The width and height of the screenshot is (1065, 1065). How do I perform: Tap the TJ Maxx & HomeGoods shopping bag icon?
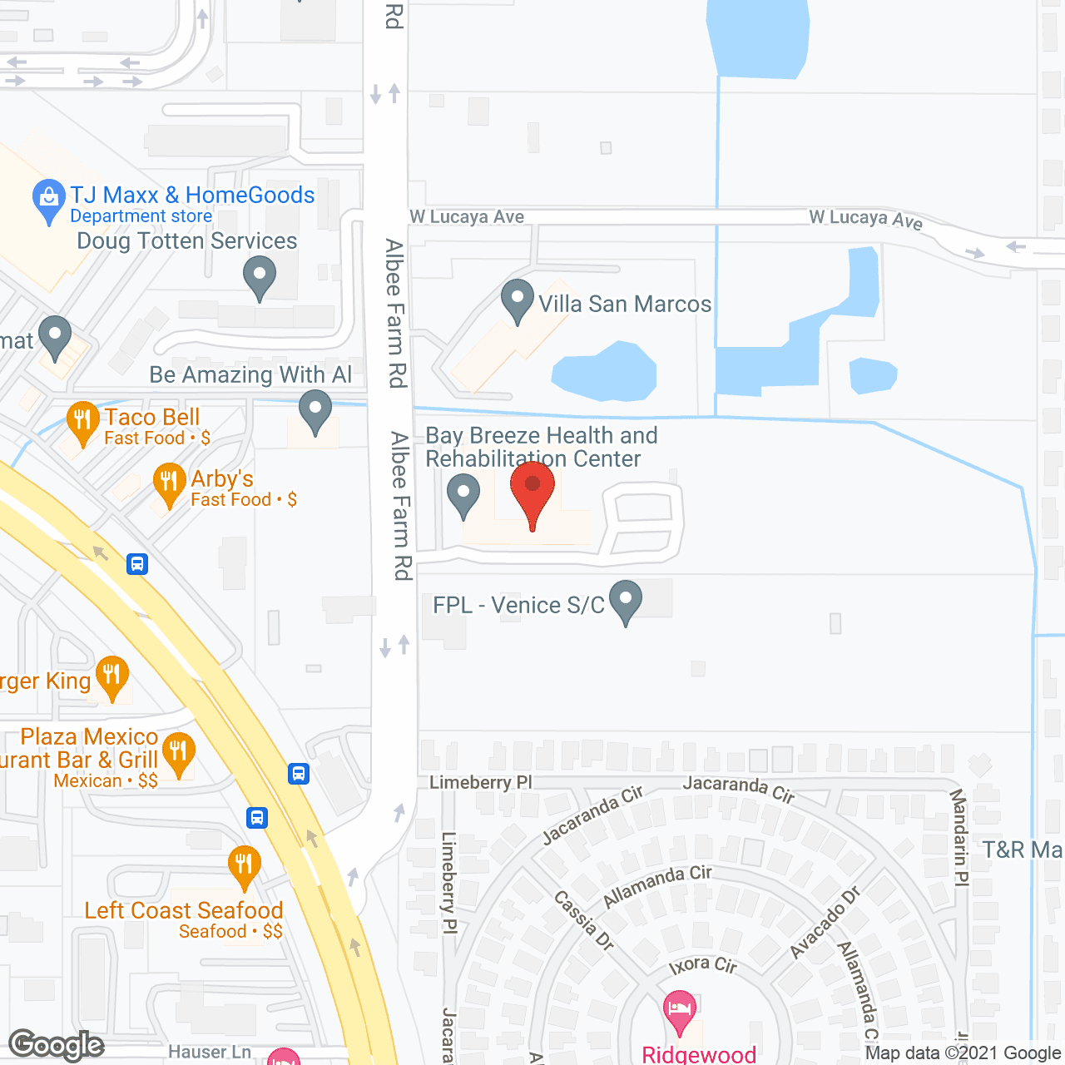coord(49,200)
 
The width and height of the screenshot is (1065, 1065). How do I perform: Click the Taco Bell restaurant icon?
coord(82,421)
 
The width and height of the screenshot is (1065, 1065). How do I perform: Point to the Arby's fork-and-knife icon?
coord(169,483)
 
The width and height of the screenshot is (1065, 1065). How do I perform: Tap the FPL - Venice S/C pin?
coord(626,600)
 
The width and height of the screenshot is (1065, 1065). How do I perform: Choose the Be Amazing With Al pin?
coord(315,411)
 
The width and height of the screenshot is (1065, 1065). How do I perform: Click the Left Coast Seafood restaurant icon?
coord(244,865)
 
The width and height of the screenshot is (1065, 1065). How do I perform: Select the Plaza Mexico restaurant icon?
coord(179,752)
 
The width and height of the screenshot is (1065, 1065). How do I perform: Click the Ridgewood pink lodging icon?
coord(681,1011)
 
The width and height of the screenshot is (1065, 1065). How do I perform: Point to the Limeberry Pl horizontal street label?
coord(480,782)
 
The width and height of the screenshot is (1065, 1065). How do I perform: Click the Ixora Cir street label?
coord(703,965)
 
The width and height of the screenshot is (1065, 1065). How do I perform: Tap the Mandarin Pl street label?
coord(958,837)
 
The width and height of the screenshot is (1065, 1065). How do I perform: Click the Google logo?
coord(57,1045)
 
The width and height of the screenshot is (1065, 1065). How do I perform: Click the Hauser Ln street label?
coord(210,1053)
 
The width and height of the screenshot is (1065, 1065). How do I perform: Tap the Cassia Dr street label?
coord(583,920)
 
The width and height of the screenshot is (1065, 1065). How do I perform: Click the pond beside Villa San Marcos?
coord(606,371)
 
